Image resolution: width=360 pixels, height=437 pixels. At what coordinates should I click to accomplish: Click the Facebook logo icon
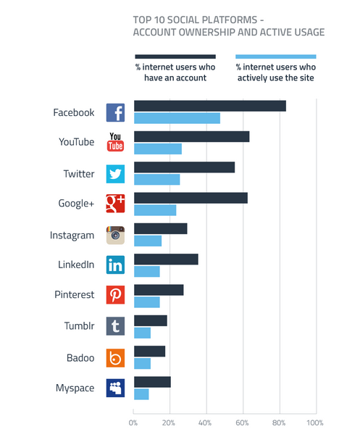coord(116,112)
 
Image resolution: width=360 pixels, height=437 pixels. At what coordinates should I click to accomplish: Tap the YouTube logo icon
coord(116,142)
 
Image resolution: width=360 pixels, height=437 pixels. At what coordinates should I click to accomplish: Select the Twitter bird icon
coord(116,174)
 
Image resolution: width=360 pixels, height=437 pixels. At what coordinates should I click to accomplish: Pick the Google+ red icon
coord(116,204)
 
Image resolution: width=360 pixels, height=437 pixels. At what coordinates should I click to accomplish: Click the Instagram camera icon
coord(116,235)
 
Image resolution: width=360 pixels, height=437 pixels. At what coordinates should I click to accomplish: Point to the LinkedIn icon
coord(116,265)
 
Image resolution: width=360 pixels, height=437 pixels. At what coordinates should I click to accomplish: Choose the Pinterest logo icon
coord(116,295)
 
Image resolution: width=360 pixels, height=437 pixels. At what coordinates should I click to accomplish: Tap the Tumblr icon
coord(116,326)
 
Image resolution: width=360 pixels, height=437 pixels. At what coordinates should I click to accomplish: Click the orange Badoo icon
coord(116,357)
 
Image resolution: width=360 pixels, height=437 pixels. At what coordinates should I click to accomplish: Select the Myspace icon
coord(116,388)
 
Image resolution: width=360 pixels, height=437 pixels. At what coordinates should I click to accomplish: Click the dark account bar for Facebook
coord(209,106)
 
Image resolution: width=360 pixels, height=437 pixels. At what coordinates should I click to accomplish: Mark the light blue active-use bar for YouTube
coord(157,149)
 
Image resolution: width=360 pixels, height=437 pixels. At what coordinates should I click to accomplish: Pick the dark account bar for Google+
coord(191,198)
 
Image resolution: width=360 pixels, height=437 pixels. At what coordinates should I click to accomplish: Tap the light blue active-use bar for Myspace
coord(141,394)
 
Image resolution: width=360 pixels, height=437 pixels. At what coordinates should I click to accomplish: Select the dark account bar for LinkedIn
coord(166,259)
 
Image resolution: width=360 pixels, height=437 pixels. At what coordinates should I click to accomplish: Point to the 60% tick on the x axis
coord(243,423)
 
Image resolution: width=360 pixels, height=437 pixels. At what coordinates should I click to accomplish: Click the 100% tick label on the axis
coord(314,423)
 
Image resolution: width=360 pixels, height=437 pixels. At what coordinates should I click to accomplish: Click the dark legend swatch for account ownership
coord(175,57)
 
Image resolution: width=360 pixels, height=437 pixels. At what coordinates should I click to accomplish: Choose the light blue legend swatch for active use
coord(275,57)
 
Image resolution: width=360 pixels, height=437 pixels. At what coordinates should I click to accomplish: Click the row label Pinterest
coord(73,295)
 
